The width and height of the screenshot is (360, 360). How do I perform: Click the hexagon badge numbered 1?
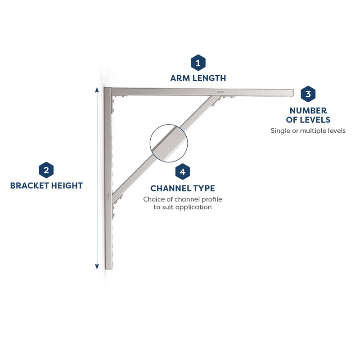[198, 63]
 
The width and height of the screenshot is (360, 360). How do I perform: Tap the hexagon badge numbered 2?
[46, 170]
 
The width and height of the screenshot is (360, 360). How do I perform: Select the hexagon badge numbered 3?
[308, 94]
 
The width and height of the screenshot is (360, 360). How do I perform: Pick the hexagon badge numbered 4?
[182, 171]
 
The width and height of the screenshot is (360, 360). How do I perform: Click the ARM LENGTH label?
[198, 78]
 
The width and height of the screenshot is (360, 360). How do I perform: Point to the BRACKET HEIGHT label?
[46, 185]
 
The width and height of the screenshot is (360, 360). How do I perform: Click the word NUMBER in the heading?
[308, 110]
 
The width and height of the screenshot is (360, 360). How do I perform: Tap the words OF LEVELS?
[308, 120]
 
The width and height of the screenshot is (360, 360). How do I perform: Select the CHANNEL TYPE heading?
[182, 188]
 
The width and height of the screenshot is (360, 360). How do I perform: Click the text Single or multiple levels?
[308, 131]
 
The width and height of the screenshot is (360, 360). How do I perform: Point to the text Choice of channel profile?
[182, 199]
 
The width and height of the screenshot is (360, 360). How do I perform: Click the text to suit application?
[182, 207]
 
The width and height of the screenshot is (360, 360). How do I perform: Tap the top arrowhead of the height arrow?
[97, 89]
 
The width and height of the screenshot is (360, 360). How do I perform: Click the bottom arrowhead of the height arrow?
[97, 267]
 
